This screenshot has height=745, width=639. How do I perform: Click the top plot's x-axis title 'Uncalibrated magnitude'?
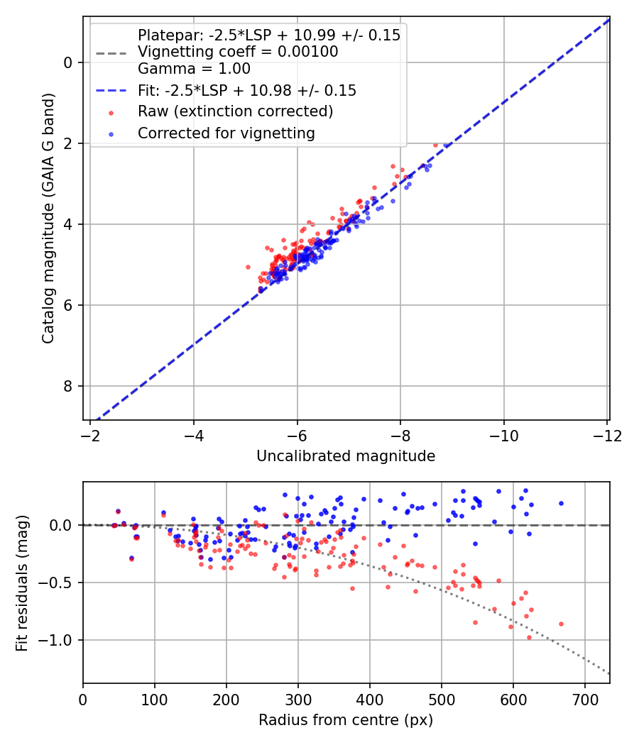346,456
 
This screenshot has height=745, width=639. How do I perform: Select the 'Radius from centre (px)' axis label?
346,720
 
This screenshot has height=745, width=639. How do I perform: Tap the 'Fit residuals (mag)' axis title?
22,583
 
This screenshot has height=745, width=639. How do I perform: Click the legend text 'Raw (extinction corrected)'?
235,111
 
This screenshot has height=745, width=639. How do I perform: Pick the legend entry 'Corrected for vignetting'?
226,133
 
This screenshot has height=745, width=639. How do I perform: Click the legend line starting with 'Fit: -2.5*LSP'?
247,90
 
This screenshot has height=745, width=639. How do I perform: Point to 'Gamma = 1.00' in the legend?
194,69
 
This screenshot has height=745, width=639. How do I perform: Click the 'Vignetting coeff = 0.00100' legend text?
238,52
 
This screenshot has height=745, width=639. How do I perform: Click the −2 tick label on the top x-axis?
90,434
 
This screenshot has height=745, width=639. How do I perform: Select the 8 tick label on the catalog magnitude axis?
68,386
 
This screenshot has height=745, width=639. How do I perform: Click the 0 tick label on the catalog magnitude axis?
68,62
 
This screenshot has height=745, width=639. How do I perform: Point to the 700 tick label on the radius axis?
584,700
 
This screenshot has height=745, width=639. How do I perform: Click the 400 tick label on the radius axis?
370,700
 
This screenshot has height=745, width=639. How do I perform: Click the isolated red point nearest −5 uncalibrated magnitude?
248,267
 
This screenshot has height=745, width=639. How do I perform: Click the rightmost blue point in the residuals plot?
561,503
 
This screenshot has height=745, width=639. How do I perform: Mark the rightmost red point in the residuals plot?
561,624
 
